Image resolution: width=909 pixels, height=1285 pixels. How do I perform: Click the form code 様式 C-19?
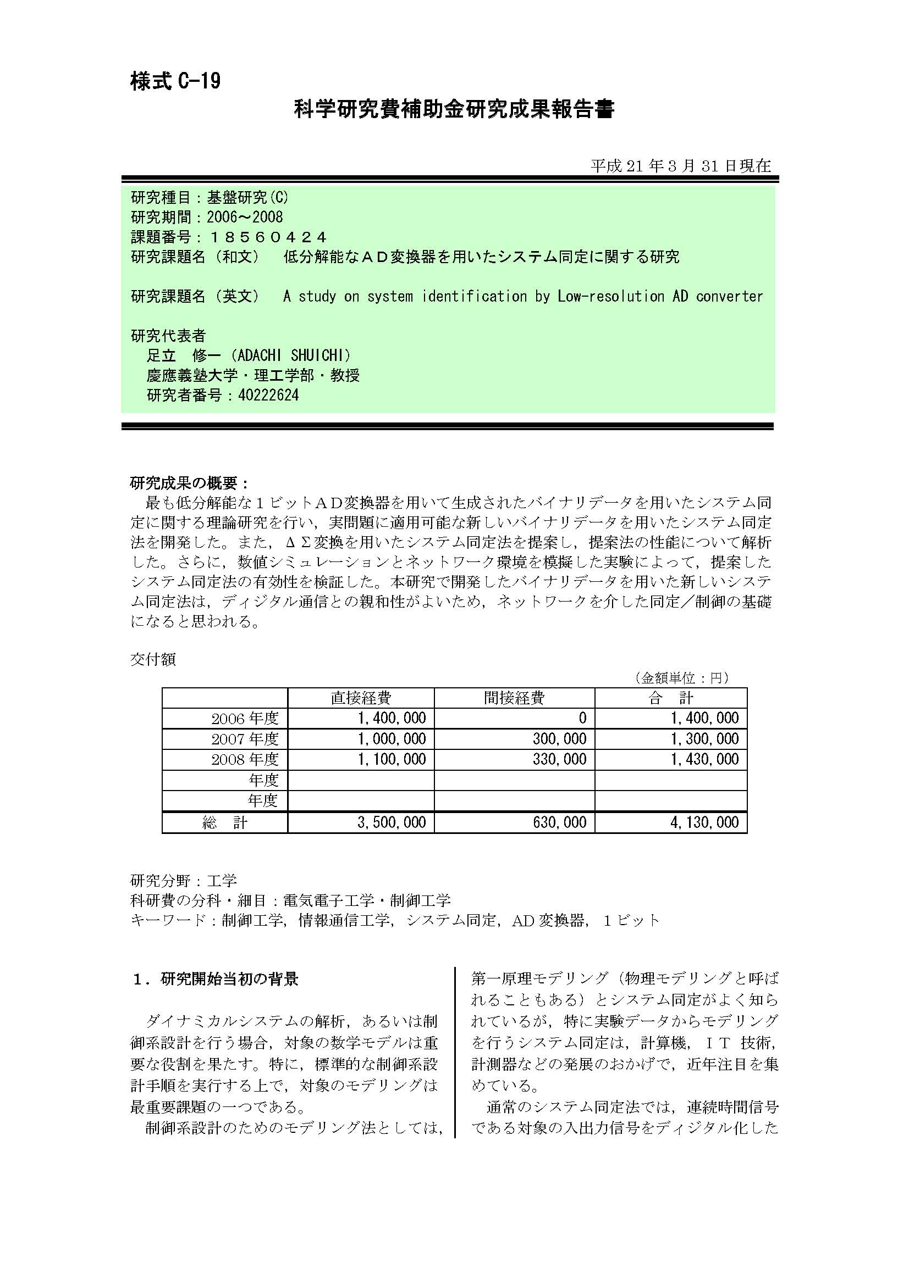tap(175, 82)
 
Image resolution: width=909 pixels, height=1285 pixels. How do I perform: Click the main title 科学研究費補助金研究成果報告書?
tap(454, 109)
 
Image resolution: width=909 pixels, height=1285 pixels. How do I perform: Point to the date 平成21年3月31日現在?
tap(680, 166)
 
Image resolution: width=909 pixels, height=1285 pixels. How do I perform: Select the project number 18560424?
tap(267, 237)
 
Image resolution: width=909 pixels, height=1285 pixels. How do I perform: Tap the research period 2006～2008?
tap(245, 217)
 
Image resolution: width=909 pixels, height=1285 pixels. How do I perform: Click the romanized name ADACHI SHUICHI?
tap(294, 355)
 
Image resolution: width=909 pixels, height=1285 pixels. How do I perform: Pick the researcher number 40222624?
tap(268, 396)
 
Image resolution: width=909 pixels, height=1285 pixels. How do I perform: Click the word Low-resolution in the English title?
tap(611, 296)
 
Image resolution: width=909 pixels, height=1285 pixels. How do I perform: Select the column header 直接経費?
tap(361, 698)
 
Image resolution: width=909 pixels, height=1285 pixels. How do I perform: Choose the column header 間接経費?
tap(514, 698)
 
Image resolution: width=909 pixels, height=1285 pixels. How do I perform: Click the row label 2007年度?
tap(245, 739)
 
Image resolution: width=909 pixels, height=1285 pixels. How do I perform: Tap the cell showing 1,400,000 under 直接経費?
tap(392, 718)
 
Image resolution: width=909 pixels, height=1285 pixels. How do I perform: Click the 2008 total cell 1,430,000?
tap(704, 759)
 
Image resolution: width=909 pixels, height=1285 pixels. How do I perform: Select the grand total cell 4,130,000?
tap(704, 822)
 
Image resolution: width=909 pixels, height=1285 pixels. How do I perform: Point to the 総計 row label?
tap(224, 823)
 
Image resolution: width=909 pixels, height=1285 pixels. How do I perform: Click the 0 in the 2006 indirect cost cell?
tap(582, 718)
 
